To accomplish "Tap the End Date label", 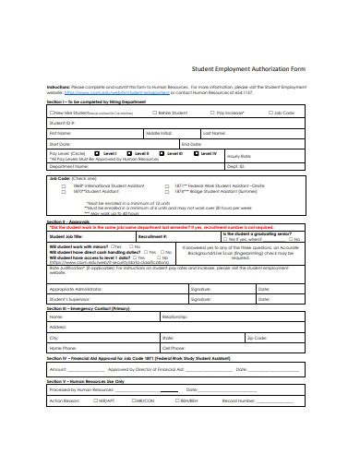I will [x=192, y=142].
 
